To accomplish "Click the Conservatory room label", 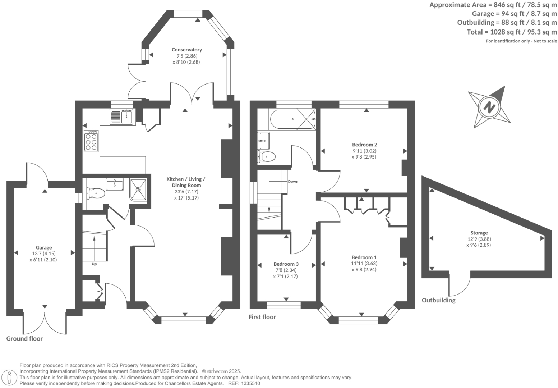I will [186, 50].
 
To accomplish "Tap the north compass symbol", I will [489, 107].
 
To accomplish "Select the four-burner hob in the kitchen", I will [91, 141].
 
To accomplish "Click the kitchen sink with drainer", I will [122, 117].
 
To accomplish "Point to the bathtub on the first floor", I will [292, 119].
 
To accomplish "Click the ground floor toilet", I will [95, 193].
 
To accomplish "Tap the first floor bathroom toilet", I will [267, 156].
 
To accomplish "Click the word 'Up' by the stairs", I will [94, 264].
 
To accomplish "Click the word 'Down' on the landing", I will [293, 182].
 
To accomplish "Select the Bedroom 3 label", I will [286, 264].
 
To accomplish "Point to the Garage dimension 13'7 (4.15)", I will [43, 254].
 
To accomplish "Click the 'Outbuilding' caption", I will [438, 300].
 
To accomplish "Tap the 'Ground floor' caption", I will [24, 338].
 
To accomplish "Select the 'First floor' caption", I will [262, 317].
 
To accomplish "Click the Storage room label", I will [479, 233].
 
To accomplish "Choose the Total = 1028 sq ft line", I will [512, 32].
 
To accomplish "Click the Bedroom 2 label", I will [364, 145].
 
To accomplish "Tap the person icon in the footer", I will [10, 378].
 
